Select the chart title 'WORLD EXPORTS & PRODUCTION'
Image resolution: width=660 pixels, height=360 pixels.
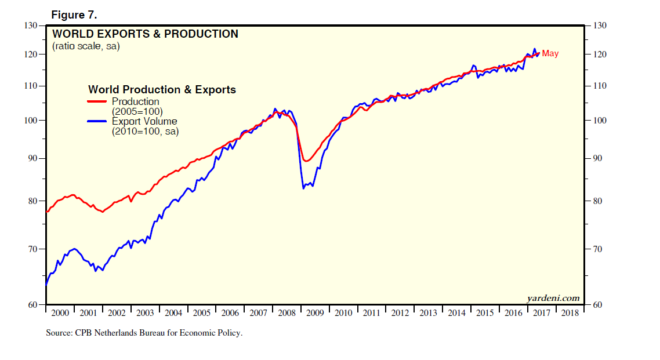pos(145,34)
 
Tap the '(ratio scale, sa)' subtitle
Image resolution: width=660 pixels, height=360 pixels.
pos(86,46)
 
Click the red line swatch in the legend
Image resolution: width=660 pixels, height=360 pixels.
pos(97,102)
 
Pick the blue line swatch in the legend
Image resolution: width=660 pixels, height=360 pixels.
pos(97,122)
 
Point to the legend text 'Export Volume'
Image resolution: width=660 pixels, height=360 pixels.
pos(144,121)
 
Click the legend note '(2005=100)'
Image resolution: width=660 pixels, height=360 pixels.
pos(137,111)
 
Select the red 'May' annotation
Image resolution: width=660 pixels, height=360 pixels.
pos(550,54)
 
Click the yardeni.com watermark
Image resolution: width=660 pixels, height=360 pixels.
pos(553,298)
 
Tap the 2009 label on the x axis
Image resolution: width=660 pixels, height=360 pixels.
pos(315,313)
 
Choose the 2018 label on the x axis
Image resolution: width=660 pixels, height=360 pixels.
pos(570,313)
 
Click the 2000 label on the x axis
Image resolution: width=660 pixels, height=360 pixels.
pos(60,313)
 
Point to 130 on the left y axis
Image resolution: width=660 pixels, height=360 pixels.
pos(30,26)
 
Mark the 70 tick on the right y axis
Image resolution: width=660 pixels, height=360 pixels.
pos(598,249)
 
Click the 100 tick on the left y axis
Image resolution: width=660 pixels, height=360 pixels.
pos(30,121)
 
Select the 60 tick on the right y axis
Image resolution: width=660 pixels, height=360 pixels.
pos(598,305)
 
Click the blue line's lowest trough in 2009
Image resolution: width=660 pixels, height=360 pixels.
pos(303,188)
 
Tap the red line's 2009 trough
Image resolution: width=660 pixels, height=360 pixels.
pos(307,161)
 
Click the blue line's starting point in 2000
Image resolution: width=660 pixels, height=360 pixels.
pos(46,285)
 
